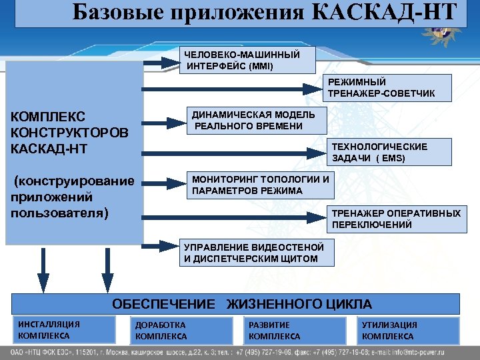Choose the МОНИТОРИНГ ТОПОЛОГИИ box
tap(260, 185)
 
